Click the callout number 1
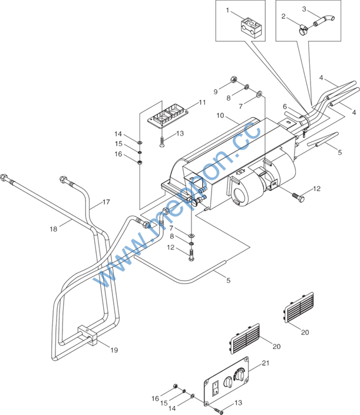[x=227, y=11]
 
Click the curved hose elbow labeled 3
[x=324, y=21]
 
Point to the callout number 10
[x=220, y=116]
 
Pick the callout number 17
[x=106, y=202]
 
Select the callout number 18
[x=54, y=229]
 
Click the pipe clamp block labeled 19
[x=88, y=335]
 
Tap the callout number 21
[x=266, y=363]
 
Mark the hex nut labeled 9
[x=233, y=79]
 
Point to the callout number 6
[x=285, y=106]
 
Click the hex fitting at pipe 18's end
[x=4, y=177]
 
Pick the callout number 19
[x=114, y=350]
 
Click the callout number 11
[x=202, y=102]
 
